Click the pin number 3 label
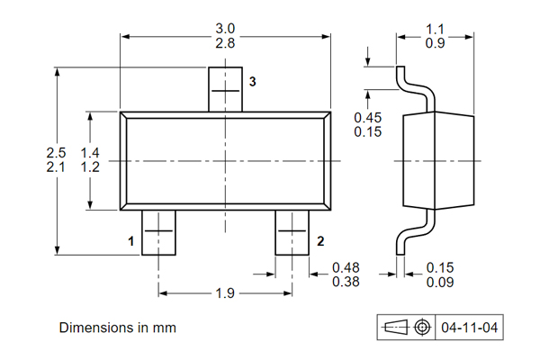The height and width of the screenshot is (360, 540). coord(253,82)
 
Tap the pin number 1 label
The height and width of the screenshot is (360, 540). coord(130,241)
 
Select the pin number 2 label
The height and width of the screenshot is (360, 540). coord(320,241)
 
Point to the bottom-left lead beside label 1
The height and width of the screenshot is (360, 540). coord(158,232)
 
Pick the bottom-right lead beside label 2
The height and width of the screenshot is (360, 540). coord(292,232)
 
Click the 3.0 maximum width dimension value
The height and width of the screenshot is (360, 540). coord(225,29)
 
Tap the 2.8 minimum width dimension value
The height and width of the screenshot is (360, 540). coord(225,43)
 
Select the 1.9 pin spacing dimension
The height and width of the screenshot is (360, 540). coord(226,293)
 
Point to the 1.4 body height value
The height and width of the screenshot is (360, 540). coord(89,153)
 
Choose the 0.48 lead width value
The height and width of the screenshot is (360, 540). coord(346,267)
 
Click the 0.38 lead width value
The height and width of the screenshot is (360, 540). coord(346,282)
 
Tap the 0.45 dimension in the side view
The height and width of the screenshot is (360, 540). coord(367,118)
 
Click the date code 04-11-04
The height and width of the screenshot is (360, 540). coord(467,328)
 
